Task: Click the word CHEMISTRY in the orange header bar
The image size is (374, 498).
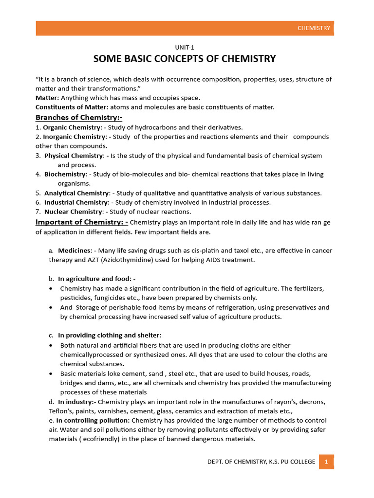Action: (314, 28)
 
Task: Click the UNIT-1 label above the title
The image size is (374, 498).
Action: (185, 47)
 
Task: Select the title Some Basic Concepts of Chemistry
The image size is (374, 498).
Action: (185, 59)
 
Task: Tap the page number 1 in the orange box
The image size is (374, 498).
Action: (326, 462)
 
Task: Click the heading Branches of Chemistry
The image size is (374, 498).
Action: (79, 117)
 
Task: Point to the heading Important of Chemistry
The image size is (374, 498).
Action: (82, 222)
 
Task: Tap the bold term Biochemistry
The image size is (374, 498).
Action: (66, 174)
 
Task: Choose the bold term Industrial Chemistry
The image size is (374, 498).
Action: (76, 202)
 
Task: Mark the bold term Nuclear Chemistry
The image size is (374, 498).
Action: (74, 212)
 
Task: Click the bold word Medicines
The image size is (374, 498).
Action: (75, 250)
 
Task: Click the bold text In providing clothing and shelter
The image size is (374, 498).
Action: (110, 335)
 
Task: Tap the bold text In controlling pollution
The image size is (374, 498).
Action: (93, 420)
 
